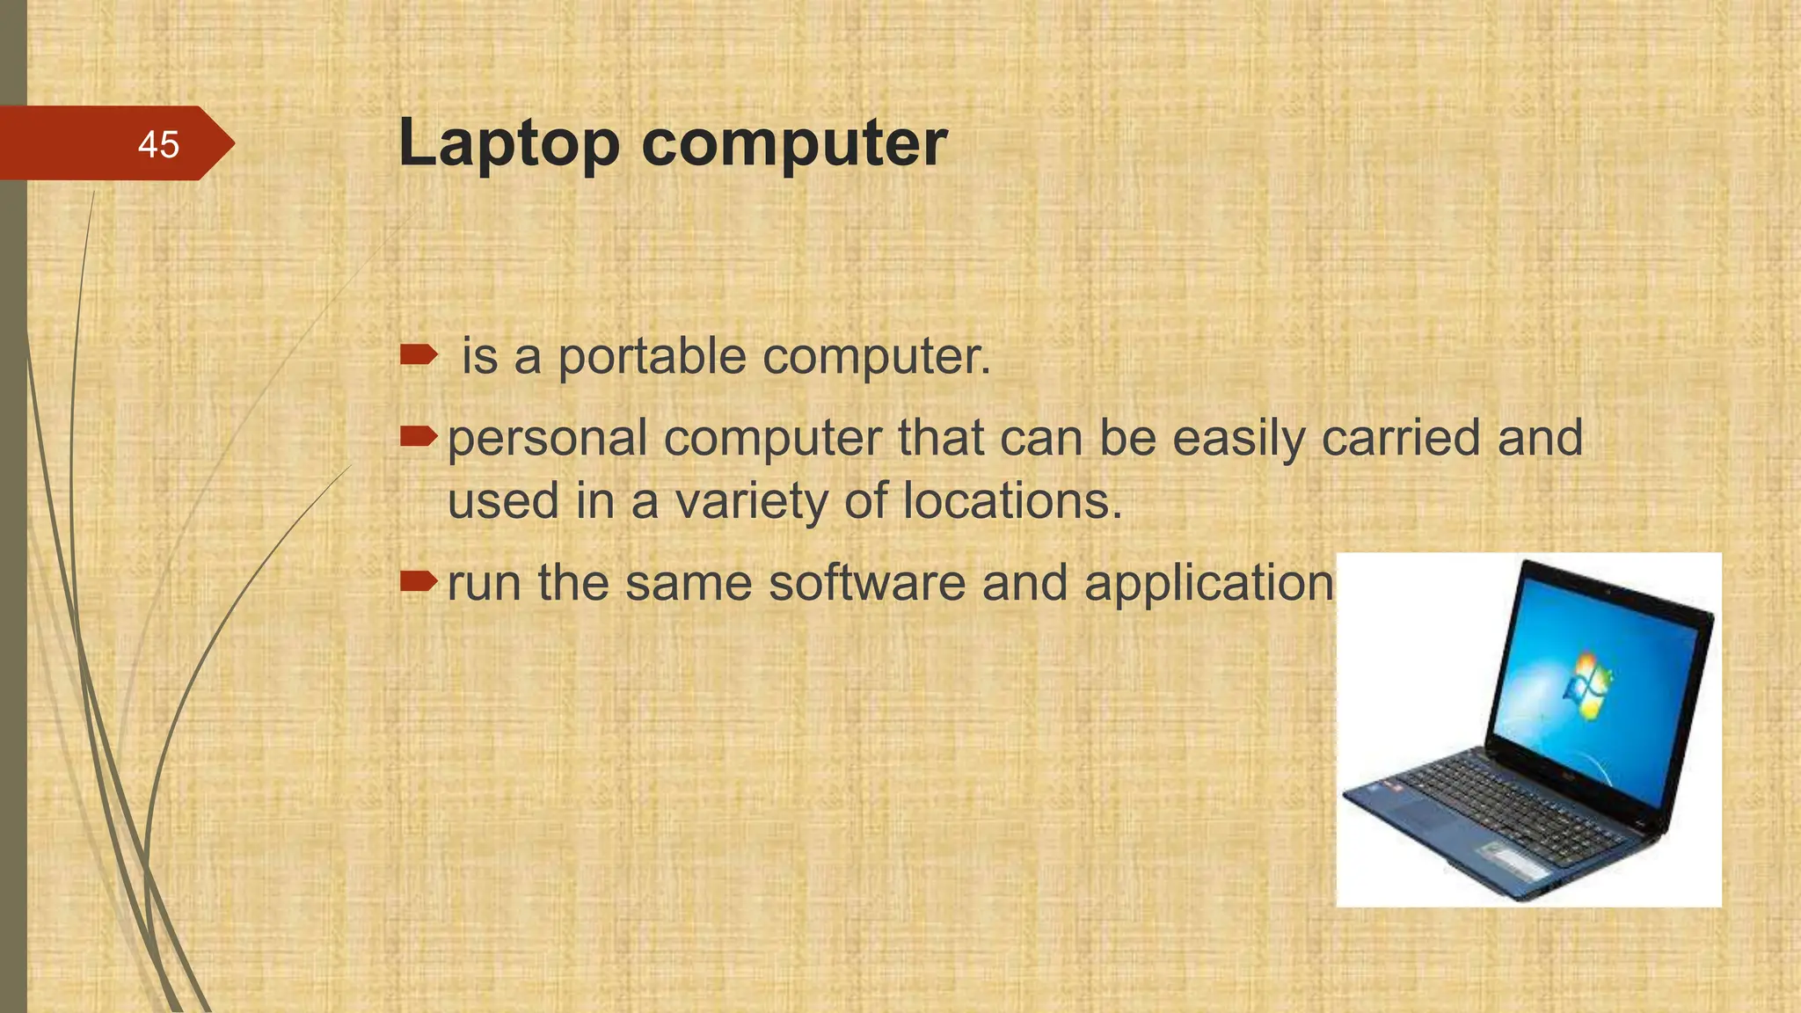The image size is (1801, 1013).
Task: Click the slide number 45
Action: (x=158, y=144)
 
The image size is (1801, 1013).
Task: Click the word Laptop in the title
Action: (x=509, y=143)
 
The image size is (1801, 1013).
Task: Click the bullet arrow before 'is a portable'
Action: (x=419, y=355)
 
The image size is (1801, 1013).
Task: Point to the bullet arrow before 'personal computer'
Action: (x=419, y=434)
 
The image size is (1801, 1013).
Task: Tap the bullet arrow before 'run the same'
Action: (x=419, y=580)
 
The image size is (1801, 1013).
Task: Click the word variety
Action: (x=751, y=501)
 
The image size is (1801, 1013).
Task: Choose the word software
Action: (x=867, y=582)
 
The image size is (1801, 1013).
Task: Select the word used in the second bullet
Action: (x=503, y=501)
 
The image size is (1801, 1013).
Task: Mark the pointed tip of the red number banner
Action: (x=233, y=143)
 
